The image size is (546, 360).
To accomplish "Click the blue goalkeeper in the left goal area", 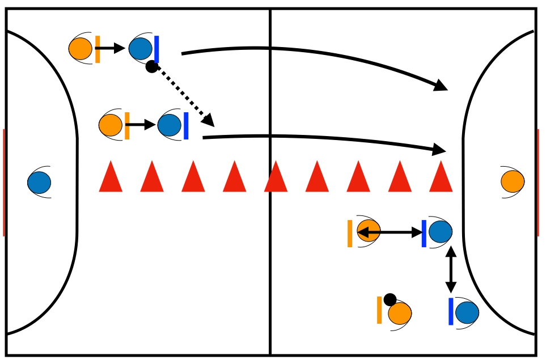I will click(x=39, y=182).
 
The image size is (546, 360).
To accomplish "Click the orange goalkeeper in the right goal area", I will click(x=512, y=181).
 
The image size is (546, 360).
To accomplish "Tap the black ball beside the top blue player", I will click(x=151, y=67).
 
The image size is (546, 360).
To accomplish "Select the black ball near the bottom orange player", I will click(x=390, y=299).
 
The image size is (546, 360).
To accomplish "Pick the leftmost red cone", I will click(x=111, y=177).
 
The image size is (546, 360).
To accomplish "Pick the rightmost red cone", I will click(x=441, y=177).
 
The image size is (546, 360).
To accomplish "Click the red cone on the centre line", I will click(x=276, y=177).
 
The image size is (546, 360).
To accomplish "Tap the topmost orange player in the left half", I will click(x=81, y=48).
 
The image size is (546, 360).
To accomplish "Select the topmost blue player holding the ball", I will click(x=141, y=48).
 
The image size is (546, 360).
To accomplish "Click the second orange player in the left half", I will click(x=111, y=125).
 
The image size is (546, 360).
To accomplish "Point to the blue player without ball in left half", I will click(x=170, y=125).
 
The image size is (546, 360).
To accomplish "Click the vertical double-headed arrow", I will click(x=451, y=269).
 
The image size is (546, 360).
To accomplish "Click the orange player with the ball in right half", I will click(x=399, y=312).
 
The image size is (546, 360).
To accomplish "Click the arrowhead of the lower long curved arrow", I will click(x=441, y=150).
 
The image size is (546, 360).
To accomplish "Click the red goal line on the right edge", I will click(x=537, y=182).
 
